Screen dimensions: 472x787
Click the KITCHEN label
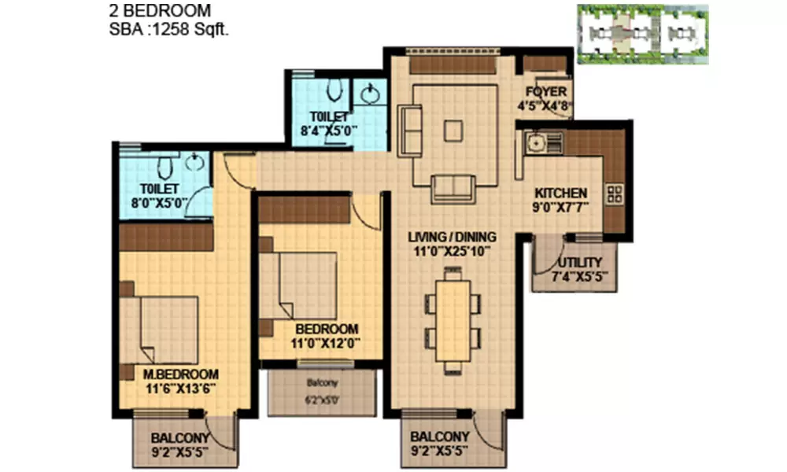click(560, 193)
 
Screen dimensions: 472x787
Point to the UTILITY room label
click(580, 263)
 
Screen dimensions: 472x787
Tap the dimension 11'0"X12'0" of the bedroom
click(327, 342)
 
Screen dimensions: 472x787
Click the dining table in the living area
click(452, 319)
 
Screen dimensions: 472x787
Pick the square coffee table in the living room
click(452, 130)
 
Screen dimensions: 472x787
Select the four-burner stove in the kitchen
click(615, 194)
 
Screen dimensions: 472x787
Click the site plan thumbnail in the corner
click(642, 34)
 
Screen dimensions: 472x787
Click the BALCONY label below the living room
click(440, 437)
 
